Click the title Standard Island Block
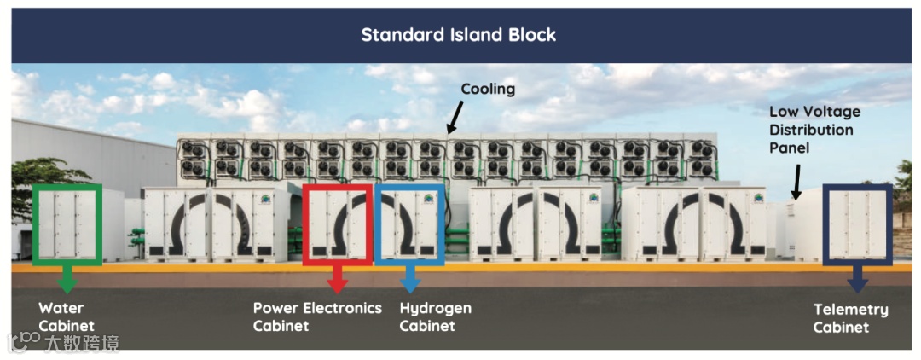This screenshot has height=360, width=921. tap(458, 35)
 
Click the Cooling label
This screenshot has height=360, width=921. tap(488, 89)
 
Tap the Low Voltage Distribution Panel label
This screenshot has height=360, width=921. tap(814, 130)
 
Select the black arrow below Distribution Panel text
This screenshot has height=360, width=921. tap(796, 180)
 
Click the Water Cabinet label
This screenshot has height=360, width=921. tap(66, 316)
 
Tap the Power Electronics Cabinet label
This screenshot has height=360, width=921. tap(317, 316)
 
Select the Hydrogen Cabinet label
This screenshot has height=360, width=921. tap(435, 316)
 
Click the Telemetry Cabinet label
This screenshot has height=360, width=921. tap(850, 318)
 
